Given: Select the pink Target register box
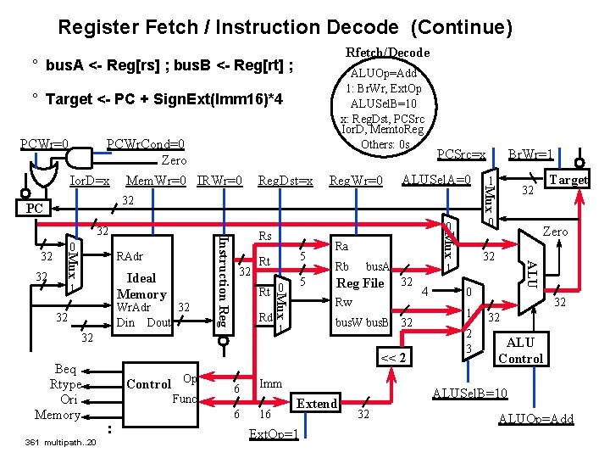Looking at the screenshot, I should (568, 180).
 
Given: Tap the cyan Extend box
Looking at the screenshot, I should (317, 404).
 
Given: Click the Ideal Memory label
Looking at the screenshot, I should (141, 286).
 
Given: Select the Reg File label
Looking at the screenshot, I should (361, 283).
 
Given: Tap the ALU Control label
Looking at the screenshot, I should (519, 350).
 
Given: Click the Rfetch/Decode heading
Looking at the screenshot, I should (387, 53).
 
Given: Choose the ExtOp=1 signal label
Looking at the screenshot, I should (274, 434).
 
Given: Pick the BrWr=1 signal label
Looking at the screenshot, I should (530, 155).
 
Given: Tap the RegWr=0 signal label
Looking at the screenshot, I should (356, 181).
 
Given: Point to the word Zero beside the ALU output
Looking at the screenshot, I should (555, 232).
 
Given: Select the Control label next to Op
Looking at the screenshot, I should (148, 384).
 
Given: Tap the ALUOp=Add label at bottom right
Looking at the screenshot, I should (535, 419).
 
